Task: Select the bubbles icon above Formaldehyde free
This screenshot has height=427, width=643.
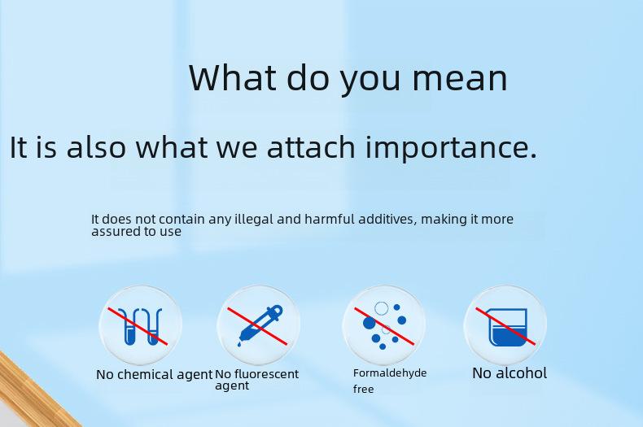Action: tap(384, 325)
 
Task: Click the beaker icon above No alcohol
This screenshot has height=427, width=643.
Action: tap(508, 327)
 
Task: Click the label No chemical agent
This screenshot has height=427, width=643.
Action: tap(154, 375)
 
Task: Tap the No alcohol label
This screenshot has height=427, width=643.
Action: tap(510, 373)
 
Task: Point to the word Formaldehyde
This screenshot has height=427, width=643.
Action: tap(390, 373)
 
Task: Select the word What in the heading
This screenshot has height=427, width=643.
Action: tap(233, 77)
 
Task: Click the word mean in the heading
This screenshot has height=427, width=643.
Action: tap(460, 78)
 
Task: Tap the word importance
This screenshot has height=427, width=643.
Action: tap(451, 147)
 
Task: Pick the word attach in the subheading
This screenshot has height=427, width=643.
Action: tap(311, 146)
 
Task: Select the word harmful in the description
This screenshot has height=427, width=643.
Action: tap(330, 219)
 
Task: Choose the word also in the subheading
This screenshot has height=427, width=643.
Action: tap(96, 146)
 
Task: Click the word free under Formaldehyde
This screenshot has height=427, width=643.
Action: tap(363, 389)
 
